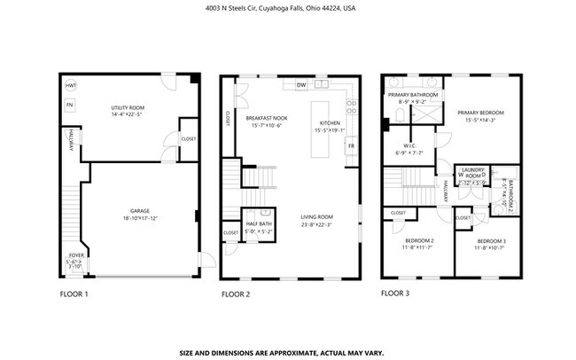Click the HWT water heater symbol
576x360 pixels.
point(71,85)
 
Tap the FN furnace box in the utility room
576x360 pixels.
point(70,106)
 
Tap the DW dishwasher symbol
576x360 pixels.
point(301,86)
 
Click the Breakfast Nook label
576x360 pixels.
point(266,118)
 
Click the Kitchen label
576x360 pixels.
point(329,123)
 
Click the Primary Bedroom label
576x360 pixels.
point(480,113)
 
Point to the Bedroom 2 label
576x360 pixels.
point(419,241)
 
